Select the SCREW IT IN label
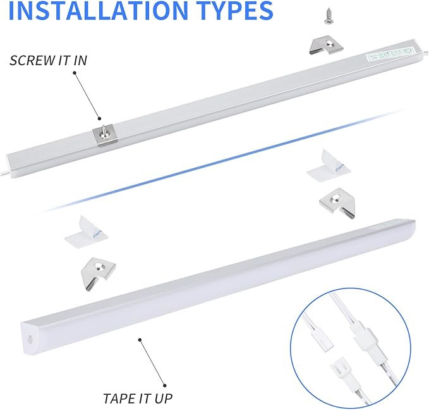(x=49, y=61)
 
